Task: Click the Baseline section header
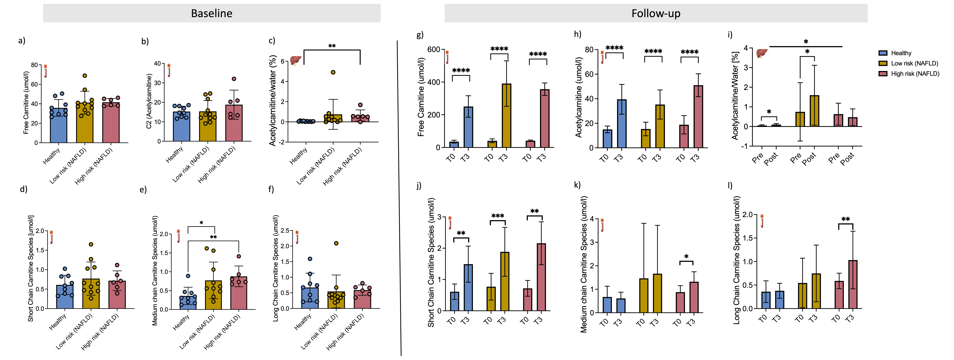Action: pos(212,13)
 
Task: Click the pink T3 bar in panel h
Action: pos(698,117)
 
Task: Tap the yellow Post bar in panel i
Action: pos(814,111)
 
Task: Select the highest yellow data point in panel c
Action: pos(333,72)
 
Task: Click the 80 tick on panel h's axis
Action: pos(589,50)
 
